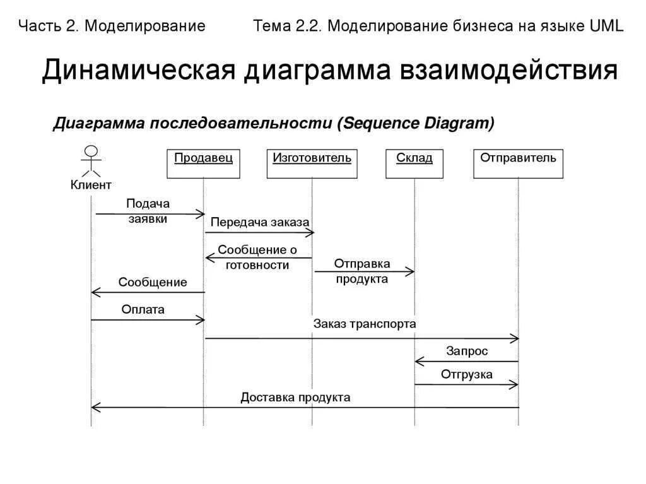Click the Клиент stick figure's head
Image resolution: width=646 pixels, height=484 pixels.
coord(91,151)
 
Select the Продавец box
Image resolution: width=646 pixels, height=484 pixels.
coord(203,163)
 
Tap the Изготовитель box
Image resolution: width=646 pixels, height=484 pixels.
coord(312,163)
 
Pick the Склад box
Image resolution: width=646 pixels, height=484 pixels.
coord(414,163)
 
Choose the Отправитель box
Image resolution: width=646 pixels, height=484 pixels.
coord(518,163)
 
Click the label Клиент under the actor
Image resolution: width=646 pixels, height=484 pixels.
coord(91,185)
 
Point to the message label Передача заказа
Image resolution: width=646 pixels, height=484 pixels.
coord(260,222)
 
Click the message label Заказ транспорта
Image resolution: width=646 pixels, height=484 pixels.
coord(365,324)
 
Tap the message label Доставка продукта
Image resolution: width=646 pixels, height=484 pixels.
coord(295,398)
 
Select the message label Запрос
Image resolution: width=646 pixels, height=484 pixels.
coord(467,351)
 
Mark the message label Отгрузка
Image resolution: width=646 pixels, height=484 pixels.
coord(467,375)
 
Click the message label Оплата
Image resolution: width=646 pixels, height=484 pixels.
coord(143,310)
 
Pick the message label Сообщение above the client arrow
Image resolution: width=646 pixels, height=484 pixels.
coord(153,282)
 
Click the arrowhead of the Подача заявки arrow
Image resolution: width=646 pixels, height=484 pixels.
coord(202,214)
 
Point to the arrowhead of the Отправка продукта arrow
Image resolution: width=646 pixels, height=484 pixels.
coord(411,271)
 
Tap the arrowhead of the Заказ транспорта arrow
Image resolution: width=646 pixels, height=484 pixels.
coord(515,339)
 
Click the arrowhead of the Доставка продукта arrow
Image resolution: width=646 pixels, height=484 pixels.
coord(95,408)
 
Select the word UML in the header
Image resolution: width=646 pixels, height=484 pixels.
coord(606,26)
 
